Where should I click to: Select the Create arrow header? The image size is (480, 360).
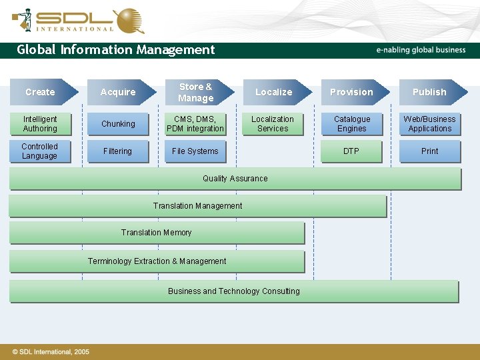point(41,92)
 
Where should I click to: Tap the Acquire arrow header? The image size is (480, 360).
point(119,92)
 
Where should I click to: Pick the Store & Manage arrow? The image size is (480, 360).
point(197,92)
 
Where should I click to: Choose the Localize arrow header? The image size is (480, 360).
point(274,92)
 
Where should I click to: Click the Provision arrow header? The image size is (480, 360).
point(352,92)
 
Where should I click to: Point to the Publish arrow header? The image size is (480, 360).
point(430,92)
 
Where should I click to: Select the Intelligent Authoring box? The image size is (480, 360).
point(40,124)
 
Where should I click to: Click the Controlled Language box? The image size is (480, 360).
point(40,151)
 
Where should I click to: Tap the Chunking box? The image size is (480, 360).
point(118,124)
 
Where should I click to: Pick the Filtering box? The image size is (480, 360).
point(118,151)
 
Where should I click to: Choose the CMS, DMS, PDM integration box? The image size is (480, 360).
point(195,124)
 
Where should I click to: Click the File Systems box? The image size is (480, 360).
point(195,151)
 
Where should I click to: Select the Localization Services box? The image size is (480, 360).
point(273,124)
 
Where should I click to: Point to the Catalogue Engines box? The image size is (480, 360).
point(352,124)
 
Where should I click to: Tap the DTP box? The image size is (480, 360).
point(352,151)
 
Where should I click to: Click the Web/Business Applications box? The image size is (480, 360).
point(430,124)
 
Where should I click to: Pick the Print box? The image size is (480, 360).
point(430,151)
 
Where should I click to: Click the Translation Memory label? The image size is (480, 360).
point(157,233)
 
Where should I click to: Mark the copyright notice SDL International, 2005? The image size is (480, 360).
point(51,351)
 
